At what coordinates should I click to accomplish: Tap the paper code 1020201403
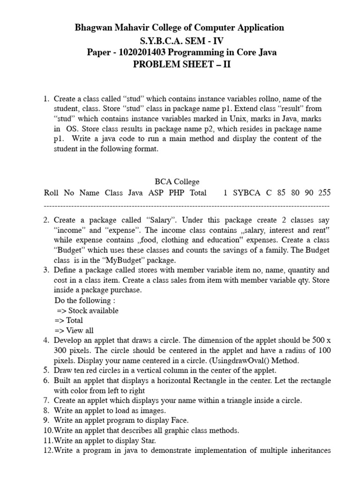pos(142,52)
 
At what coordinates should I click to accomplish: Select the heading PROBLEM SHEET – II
pos(182,64)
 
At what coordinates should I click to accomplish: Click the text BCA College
pos(177,181)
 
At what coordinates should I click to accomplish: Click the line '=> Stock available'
pos(87,310)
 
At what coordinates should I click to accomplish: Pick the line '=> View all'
pos(74,330)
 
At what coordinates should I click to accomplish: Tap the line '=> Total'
pos(68,320)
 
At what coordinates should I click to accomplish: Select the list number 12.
pos(48,450)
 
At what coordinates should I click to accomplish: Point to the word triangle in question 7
pos(247,400)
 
